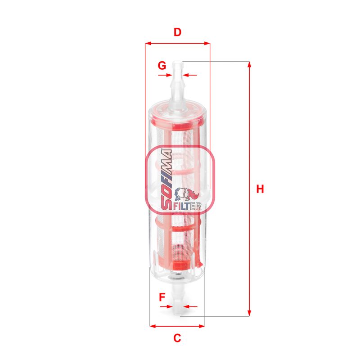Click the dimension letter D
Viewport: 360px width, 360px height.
(x=177, y=32)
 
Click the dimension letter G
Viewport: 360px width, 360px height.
(x=162, y=65)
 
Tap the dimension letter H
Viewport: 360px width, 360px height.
(x=260, y=189)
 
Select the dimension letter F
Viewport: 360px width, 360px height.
(x=162, y=297)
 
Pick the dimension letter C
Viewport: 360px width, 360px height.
(x=177, y=338)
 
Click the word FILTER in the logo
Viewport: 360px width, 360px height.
(x=187, y=206)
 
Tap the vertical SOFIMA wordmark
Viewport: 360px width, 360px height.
(x=166, y=180)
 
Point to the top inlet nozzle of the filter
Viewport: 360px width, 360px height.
(x=178, y=83)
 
